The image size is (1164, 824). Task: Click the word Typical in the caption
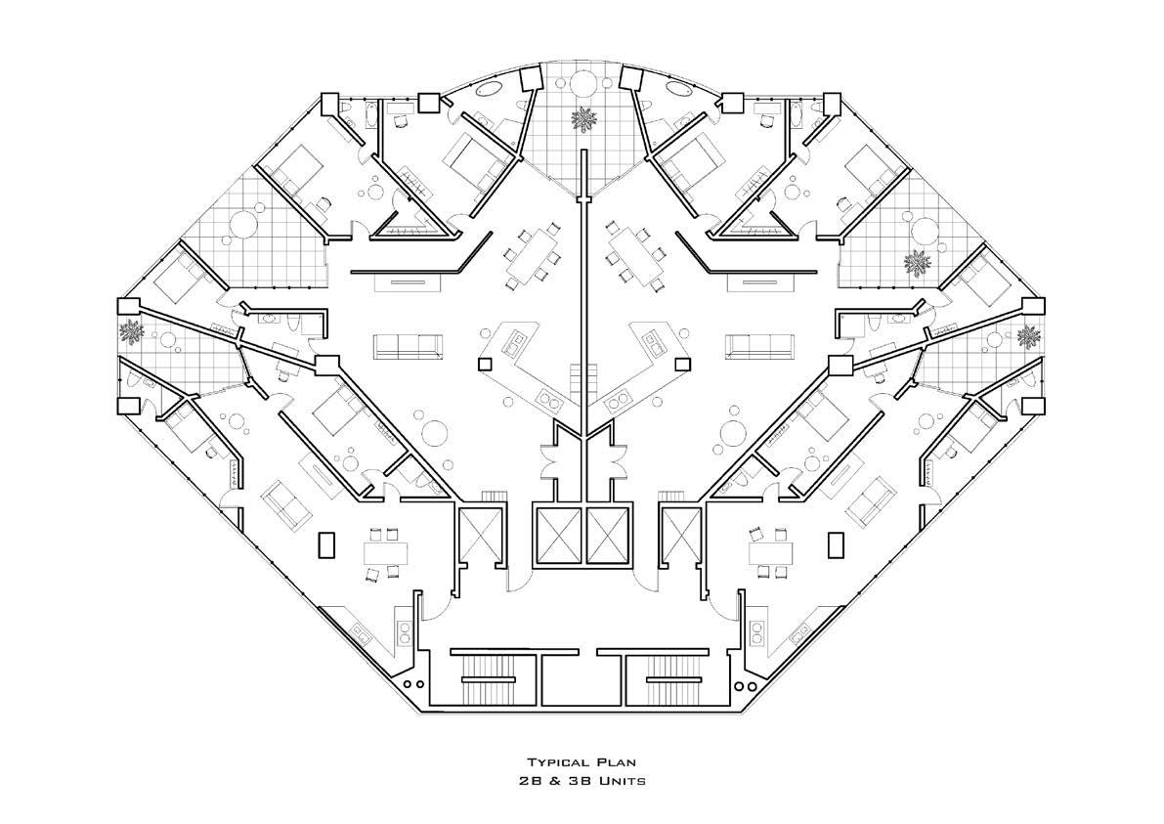pos(559,762)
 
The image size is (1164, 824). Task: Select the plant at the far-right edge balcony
pos(1028,335)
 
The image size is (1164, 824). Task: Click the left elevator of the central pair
pos(558,535)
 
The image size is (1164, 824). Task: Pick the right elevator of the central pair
pos(609,535)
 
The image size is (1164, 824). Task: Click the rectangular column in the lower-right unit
pos(836,544)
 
